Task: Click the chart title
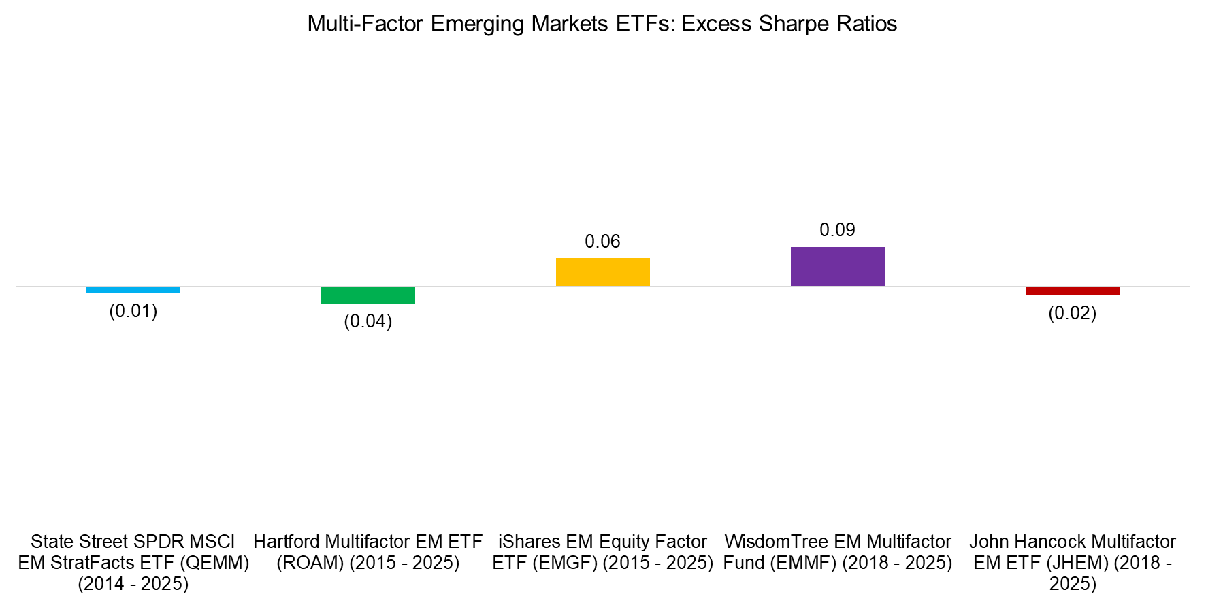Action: click(x=602, y=24)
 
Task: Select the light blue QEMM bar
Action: click(x=133, y=290)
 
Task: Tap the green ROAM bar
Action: click(x=368, y=295)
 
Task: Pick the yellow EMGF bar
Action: click(x=602, y=272)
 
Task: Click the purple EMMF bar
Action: click(x=837, y=266)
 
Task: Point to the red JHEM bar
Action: click(x=1072, y=291)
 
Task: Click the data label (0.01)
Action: click(x=133, y=311)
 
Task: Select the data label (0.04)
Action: click(x=368, y=321)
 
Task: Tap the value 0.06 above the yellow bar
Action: click(x=602, y=242)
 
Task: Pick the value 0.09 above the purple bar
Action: click(x=837, y=230)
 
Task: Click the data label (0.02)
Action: click(x=1072, y=313)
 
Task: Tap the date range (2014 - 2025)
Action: click(x=133, y=584)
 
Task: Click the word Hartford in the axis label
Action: click(x=286, y=542)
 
